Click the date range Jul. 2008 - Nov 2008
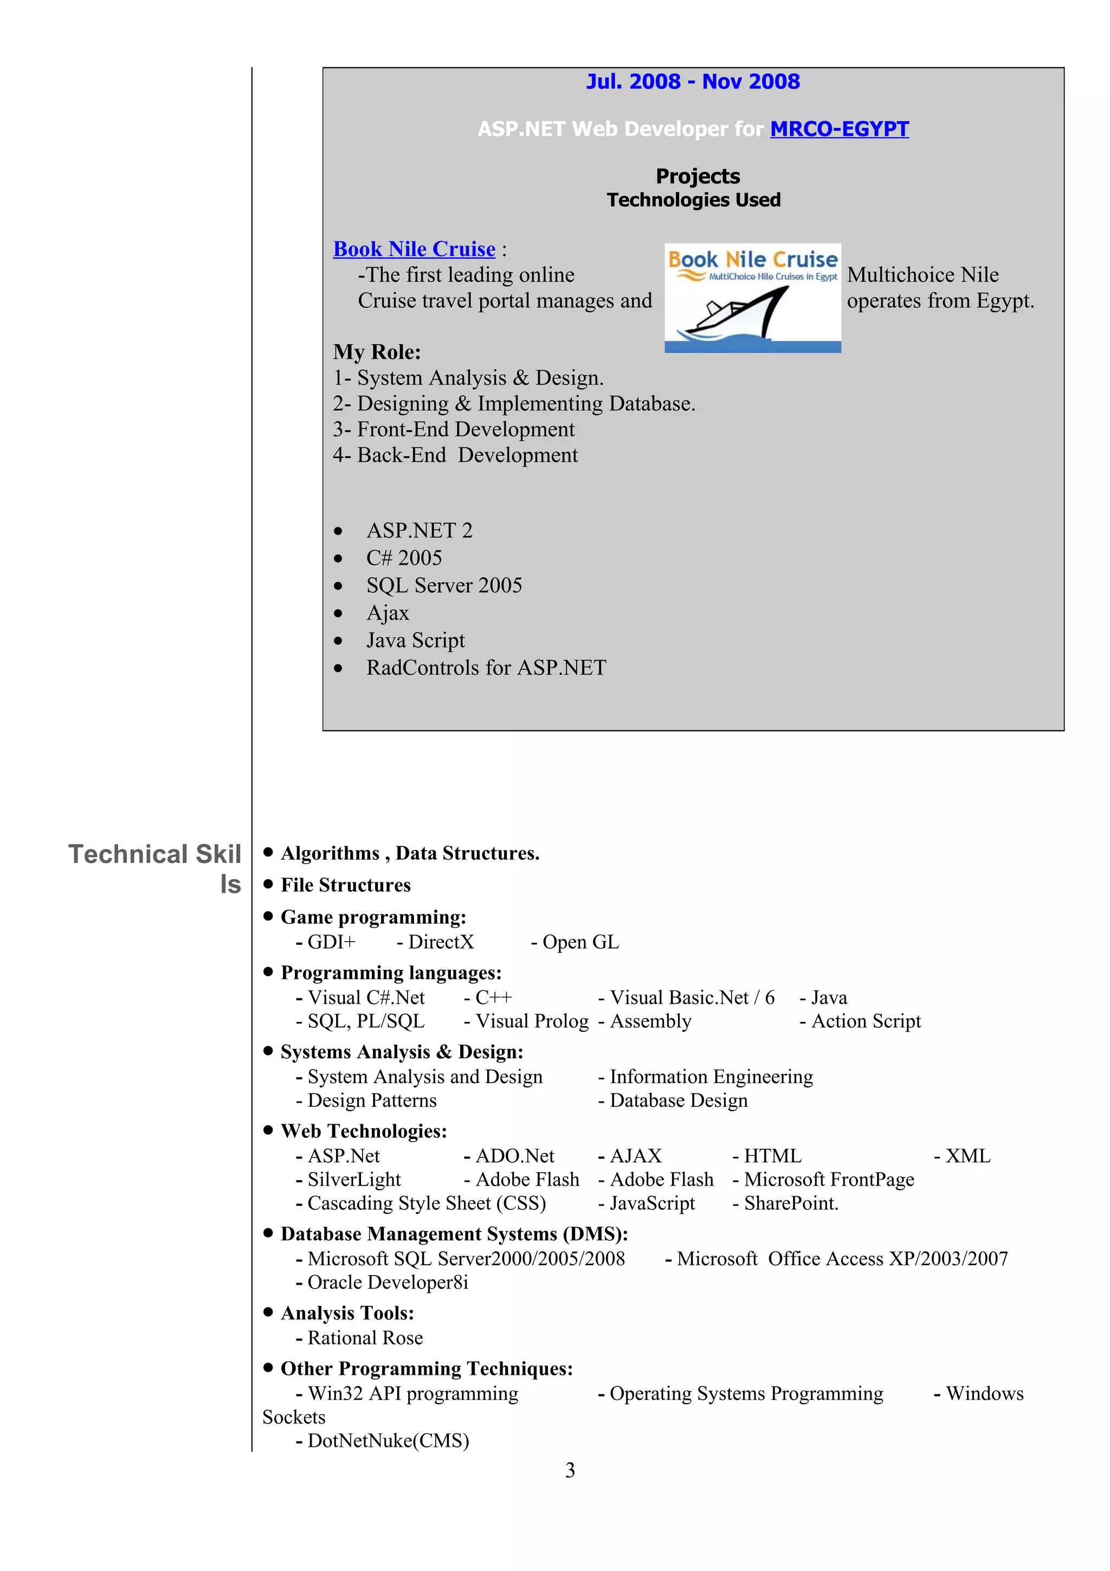point(693,81)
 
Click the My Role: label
point(377,352)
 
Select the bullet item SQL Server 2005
point(444,585)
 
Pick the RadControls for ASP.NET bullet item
point(486,668)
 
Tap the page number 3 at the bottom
point(570,1470)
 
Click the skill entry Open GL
point(580,942)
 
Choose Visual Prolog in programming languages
point(531,1021)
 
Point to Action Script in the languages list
point(865,1021)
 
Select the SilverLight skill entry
point(353,1180)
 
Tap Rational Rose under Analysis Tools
point(365,1338)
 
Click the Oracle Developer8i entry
point(387,1282)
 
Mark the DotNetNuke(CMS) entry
point(388,1441)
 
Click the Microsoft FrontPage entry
point(828,1180)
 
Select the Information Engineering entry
point(711,1077)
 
